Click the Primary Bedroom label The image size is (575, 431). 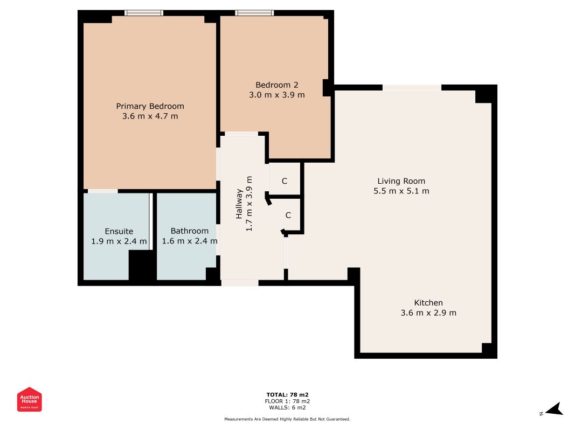tap(150, 106)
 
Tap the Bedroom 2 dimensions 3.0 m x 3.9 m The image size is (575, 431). tap(277, 95)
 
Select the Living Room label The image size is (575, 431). tap(401, 181)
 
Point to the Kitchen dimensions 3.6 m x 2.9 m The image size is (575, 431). tap(428, 313)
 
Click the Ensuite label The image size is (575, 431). tap(119, 231)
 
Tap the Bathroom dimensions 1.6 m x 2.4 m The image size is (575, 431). tap(190, 241)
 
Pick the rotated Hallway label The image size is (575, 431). tap(239, 204)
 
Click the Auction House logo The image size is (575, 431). tap(29, 399)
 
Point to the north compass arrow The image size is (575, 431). tap(555, 409)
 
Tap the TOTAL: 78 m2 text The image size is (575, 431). tap(287, 395)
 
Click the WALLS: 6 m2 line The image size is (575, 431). tap(287, 407)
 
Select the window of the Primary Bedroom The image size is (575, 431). tap(144, 13)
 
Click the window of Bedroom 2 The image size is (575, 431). tap(254, 13)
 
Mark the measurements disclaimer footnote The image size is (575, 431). tap(287, 419)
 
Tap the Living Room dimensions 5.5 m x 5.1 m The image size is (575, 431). tap(401, 191)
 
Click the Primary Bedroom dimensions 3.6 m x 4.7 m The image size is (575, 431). tap(150, 116)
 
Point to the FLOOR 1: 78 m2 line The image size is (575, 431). tap(287, 401)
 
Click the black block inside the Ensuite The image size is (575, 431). tap(141, 266)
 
